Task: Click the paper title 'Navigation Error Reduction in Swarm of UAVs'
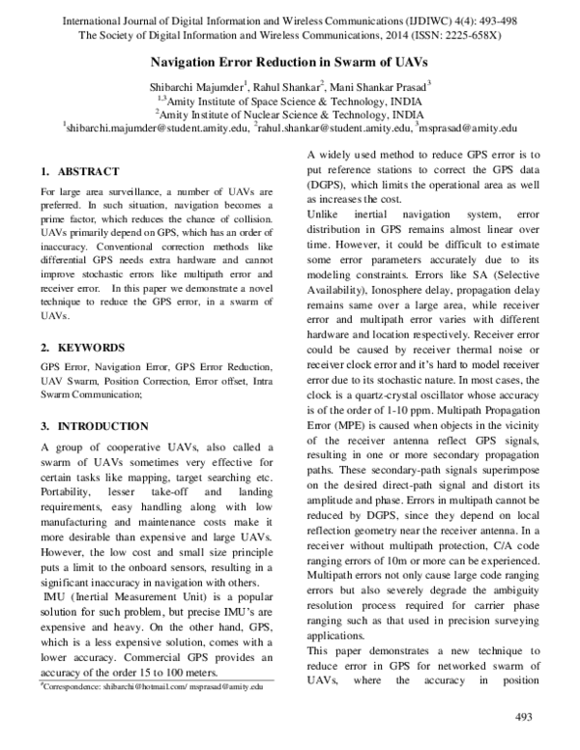point(289,60)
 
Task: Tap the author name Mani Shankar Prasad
point(378,84)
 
